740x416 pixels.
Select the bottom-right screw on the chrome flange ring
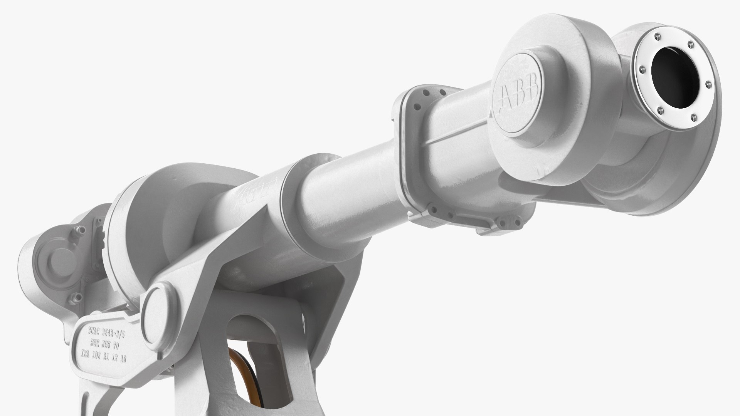(693, 116)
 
